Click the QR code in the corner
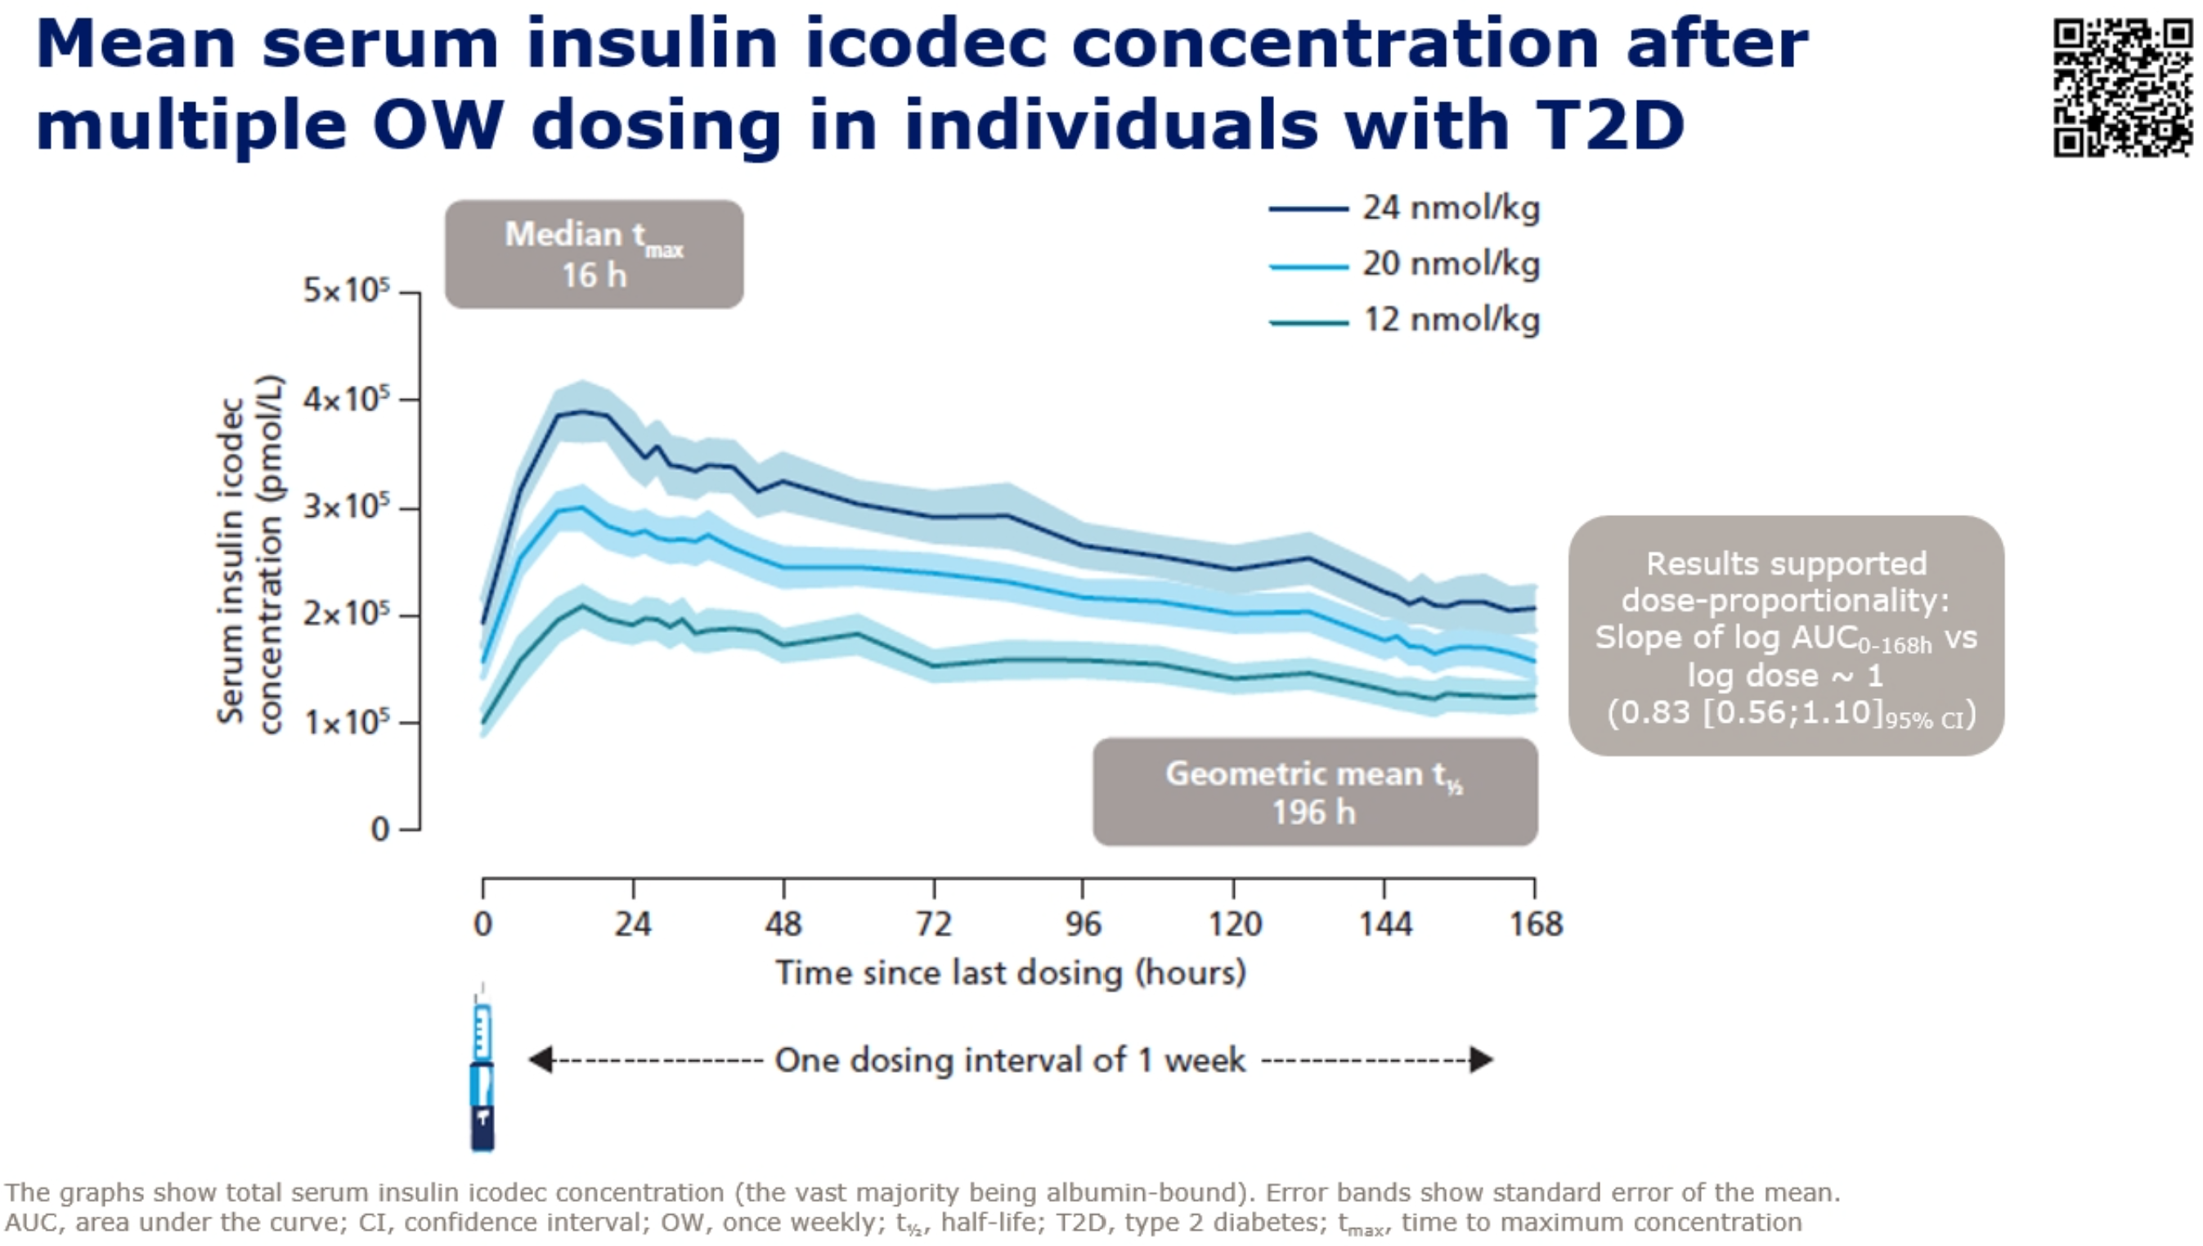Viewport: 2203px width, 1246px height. (2123, 88)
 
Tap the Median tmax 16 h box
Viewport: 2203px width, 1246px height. (594, 254)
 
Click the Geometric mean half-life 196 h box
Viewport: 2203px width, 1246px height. (1315, 792)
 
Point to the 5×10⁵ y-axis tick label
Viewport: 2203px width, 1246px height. (347, 291)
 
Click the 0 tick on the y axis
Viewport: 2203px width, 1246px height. (380, 829)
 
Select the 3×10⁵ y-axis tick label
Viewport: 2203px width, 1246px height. (347, 508)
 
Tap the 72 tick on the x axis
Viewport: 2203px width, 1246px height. (933, 924)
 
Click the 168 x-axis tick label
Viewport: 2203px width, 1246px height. (1536, 924)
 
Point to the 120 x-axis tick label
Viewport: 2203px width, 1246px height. (1234, 924)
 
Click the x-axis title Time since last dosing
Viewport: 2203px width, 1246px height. (1010, 973)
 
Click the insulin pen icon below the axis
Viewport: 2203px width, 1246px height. (482, 1078)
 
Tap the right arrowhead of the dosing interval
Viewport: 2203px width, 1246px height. (1482, 1060)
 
